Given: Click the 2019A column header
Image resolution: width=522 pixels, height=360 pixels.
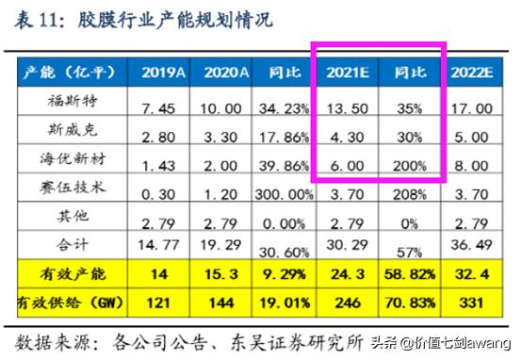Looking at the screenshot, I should coord(164,72).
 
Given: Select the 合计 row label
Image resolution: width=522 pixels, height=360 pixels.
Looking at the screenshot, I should coord(72,243).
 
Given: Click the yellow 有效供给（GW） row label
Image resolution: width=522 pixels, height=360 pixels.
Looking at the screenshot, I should coord(71,303).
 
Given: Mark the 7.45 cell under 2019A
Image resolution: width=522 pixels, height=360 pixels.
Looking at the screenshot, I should coord(164,108).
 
